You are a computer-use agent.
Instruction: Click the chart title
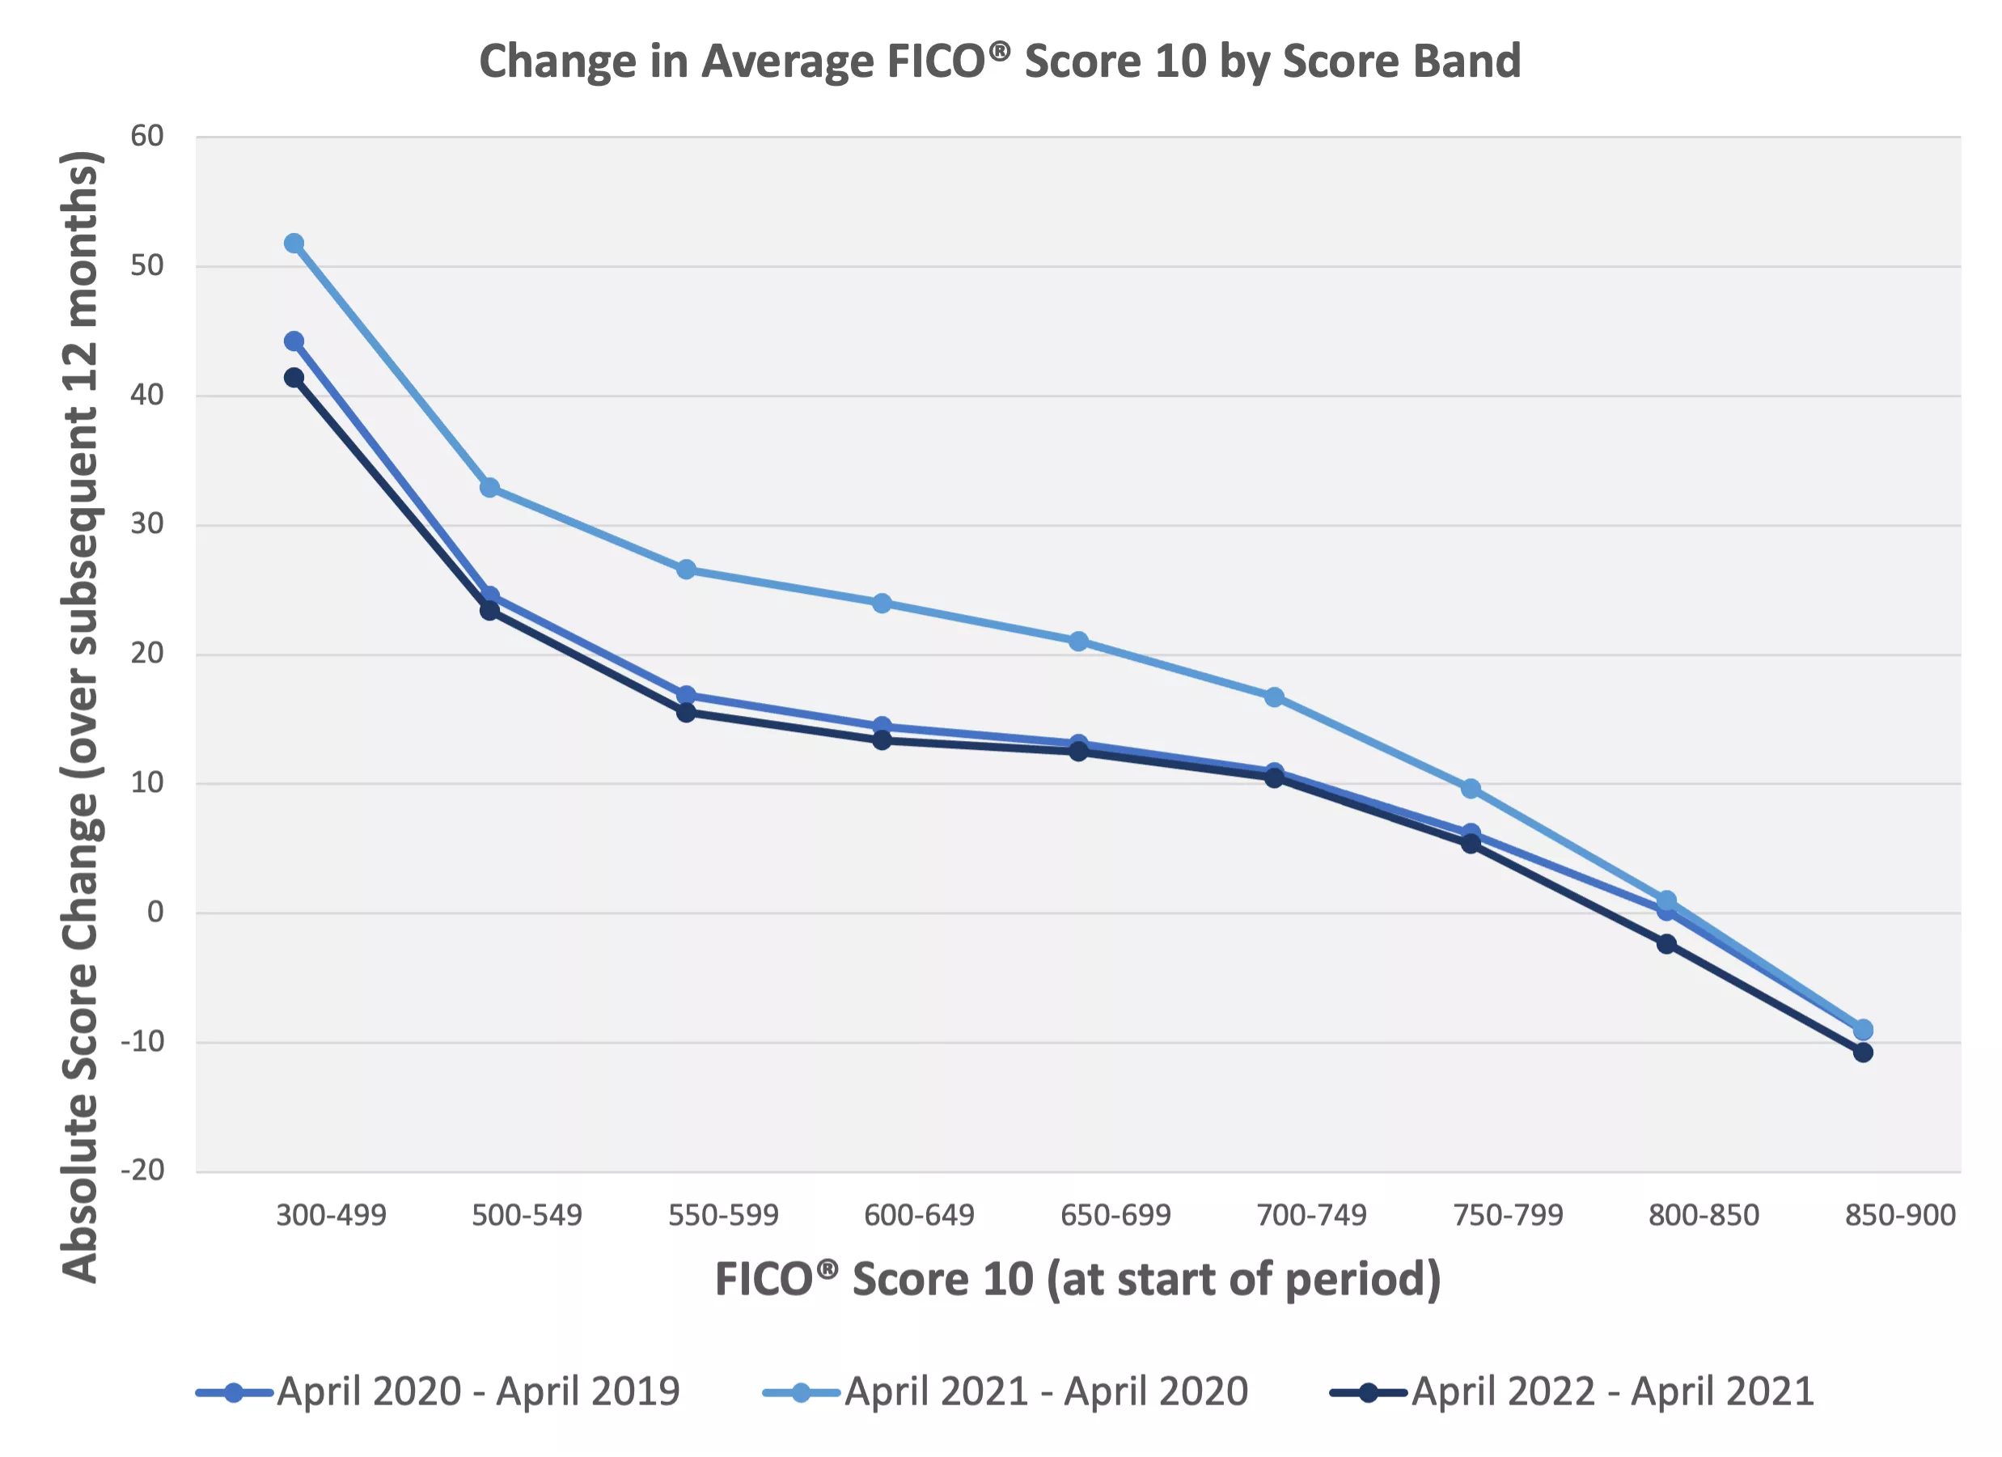[x=999, y=61]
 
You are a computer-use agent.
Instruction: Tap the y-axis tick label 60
[x=147, y=136]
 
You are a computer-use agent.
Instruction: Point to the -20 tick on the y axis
[x=143, y=1170]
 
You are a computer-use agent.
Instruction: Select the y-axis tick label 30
[x=147, y=523]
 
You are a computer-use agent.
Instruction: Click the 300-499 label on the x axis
[x=331, y=1215]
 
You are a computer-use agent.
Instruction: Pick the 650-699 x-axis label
[x=1115, y=1215]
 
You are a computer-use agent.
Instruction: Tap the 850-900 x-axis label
[x=1899, y=1215]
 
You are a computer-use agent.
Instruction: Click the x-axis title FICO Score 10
[x=1077, y=1280]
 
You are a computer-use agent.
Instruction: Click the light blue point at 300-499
[x=294, y=243]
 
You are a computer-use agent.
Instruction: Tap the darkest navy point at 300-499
[x=294, y=378]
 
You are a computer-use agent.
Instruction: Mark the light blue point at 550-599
[x=686, y=570]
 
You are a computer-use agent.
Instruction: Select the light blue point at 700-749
[x=1274, y=697]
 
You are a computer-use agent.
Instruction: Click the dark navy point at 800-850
[x=1666, y=944]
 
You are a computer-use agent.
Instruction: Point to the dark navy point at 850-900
[x=1863, y=1053]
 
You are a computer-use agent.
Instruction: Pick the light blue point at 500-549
[x=490, y=488]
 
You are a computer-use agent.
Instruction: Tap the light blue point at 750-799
[x=1471, y=789]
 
